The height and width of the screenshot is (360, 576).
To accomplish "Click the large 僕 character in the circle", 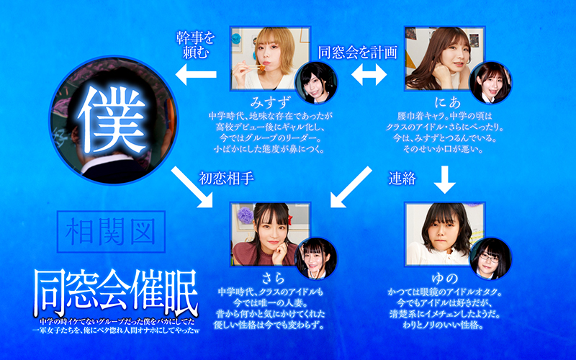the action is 112,120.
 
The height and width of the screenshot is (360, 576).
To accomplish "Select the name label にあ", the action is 447,102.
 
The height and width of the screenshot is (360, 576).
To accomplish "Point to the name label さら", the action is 274,279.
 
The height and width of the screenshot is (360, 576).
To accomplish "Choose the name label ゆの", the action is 444,279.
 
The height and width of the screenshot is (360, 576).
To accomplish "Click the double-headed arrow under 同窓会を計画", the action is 369,75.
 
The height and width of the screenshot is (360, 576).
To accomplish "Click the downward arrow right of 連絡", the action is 445,179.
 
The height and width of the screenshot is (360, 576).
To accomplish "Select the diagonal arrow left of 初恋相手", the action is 192,187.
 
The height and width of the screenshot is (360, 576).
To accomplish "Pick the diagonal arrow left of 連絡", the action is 351,187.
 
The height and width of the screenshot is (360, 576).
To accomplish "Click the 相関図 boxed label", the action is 112,231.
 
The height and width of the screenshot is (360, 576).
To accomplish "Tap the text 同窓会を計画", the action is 357,53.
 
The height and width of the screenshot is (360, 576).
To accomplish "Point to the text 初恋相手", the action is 226,179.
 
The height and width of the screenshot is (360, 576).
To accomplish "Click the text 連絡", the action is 402,179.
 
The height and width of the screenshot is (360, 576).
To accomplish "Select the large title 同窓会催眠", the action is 116,292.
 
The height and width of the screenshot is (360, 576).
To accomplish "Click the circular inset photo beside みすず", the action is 317,83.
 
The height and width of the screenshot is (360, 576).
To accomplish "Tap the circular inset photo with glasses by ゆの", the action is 491,258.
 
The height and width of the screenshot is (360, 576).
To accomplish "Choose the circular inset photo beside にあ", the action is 491,83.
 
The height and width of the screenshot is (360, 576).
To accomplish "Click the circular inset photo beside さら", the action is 317,258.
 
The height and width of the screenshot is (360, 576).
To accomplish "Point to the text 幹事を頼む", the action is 195,45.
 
